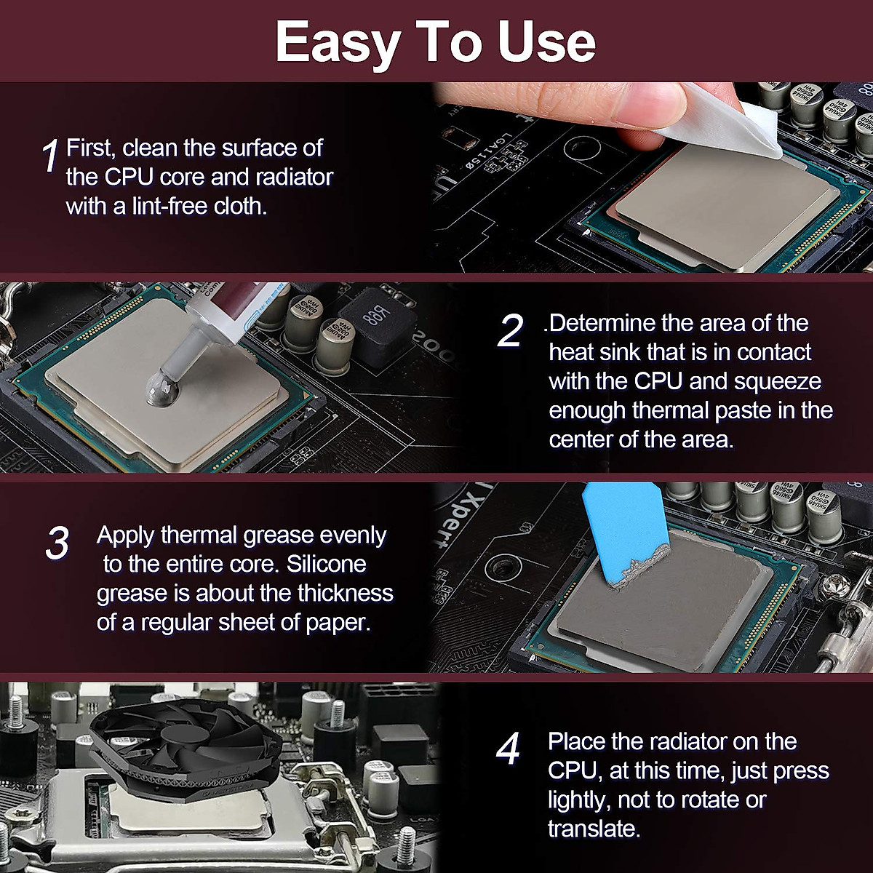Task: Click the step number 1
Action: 50,156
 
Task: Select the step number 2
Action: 510,331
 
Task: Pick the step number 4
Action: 508,749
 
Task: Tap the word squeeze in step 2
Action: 778,382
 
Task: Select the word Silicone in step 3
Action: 326,564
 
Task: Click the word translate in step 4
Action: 594,829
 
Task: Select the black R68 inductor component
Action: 377,322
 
